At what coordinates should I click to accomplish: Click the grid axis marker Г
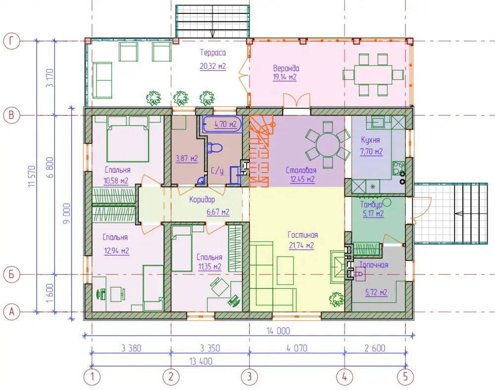12,41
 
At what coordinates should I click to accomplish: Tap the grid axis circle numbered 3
249,377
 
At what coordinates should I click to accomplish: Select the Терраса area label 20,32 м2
213,66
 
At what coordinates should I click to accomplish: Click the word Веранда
286,68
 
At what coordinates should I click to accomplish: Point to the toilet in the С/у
214,148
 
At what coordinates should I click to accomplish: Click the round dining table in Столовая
328,145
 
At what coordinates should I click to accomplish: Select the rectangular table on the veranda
373,75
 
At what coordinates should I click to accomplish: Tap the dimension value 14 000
278,331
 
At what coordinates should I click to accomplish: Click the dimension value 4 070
297,348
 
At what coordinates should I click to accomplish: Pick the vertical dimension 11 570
32,176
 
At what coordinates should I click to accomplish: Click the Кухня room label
370,140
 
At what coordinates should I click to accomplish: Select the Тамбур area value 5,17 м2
373,214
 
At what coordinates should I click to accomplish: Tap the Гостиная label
302,235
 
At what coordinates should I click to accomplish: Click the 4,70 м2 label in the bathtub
225,124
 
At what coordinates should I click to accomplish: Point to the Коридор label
202,199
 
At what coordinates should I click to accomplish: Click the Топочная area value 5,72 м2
376,292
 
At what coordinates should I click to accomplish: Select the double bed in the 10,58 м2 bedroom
128,139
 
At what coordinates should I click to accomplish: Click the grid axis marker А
12,312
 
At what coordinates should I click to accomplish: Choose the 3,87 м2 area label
187,159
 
